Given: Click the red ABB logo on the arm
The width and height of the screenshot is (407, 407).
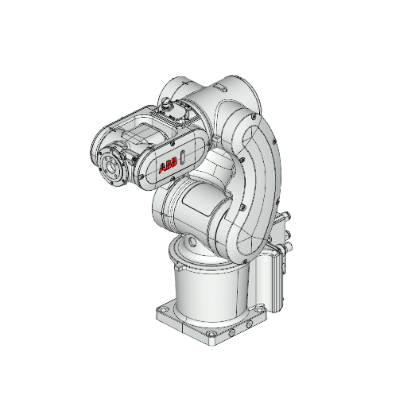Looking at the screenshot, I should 169,166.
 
